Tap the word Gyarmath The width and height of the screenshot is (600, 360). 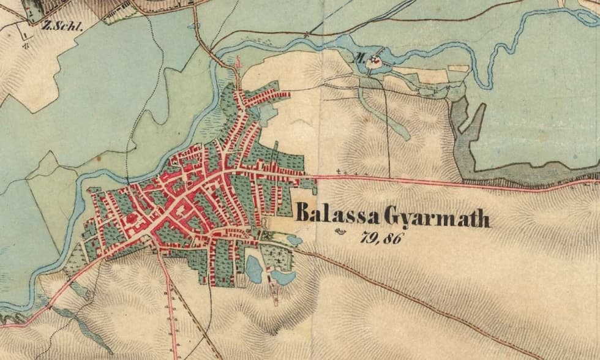pos(437,217)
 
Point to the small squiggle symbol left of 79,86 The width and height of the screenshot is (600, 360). pos(341,231)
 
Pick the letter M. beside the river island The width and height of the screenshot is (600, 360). pos(361,59)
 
